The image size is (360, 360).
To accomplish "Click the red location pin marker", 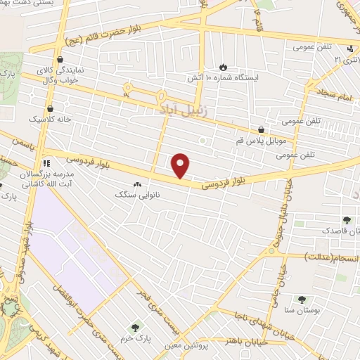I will (x=181, y=166).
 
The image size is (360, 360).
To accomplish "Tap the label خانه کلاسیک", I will (x=50, y=120).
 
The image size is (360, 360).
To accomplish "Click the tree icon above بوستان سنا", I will (x=302, y=300).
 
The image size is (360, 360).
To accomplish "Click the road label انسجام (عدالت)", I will (x=330, y=257).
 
